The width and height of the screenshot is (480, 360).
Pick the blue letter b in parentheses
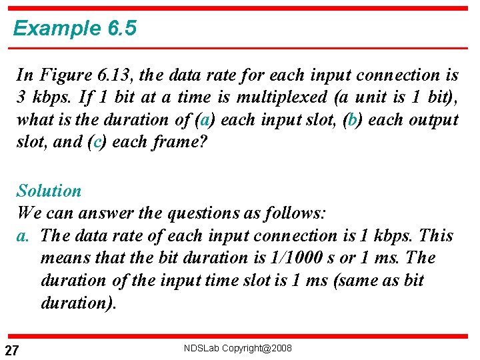350,120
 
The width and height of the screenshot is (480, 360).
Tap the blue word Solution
49,191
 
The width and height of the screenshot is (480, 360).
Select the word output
433,120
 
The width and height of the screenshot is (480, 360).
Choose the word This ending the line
437,236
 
